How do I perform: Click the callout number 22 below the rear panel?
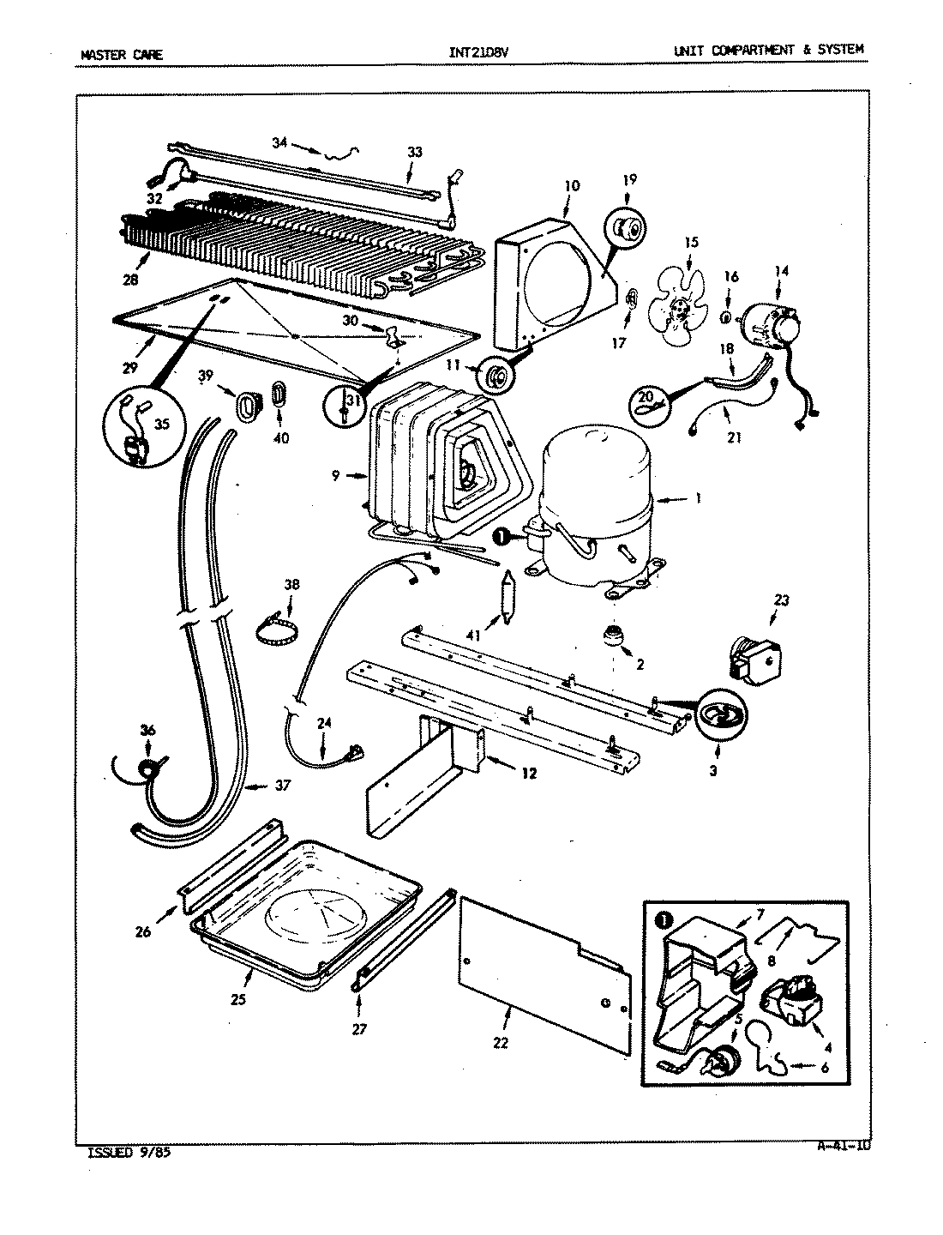[501, 1043]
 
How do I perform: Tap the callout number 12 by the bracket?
[528, 773]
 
